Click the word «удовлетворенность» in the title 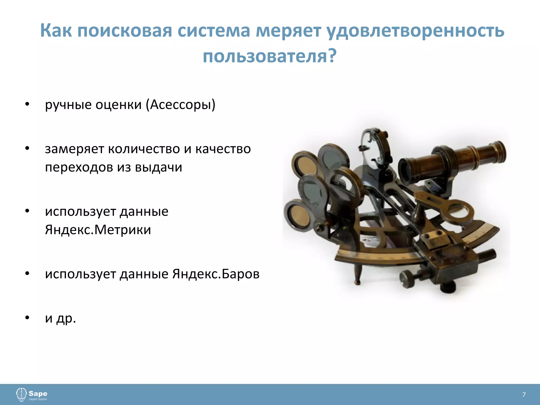pyautogui.click(x=415, y=31)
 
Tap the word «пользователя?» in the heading pyautogui.click(x=269, y=56)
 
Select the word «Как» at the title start pyautogui.click(x=56, y=31)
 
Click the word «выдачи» pyautogui.click(x=158, y=167)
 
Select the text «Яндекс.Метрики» pyautogui.click(x=98, y=230)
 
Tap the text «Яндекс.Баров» pyautogui.click(x=216, y=274)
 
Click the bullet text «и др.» pyautogui.click(x=60, y=318)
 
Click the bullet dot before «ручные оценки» pyautogui.click(x=27, y=104)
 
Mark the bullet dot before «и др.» pyautogui.click(x=27, y=318)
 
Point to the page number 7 pyautogui.click(x=524, y=395)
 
